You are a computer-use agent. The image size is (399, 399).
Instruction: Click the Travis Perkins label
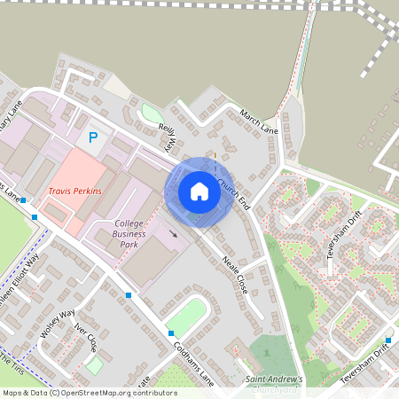point(74,192)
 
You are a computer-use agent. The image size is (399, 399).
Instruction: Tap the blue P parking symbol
point(92,138)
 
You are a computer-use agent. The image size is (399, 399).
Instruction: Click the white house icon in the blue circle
point(199,192)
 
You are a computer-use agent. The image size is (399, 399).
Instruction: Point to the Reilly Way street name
point(168,138)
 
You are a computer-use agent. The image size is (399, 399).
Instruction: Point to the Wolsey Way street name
point(58,323)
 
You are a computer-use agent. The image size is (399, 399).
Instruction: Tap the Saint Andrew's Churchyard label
point(275,383)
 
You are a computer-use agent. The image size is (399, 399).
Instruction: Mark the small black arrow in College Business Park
point(173,235)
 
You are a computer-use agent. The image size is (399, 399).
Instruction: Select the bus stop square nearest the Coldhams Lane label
point(171,333)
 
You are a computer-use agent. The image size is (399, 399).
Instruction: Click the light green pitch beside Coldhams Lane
point(186,316)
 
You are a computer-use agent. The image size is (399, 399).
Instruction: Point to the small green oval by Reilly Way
point(152,114)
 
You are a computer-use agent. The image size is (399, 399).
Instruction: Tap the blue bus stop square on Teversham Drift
point(387,340)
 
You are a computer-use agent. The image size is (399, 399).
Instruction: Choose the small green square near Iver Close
point(94,364)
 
